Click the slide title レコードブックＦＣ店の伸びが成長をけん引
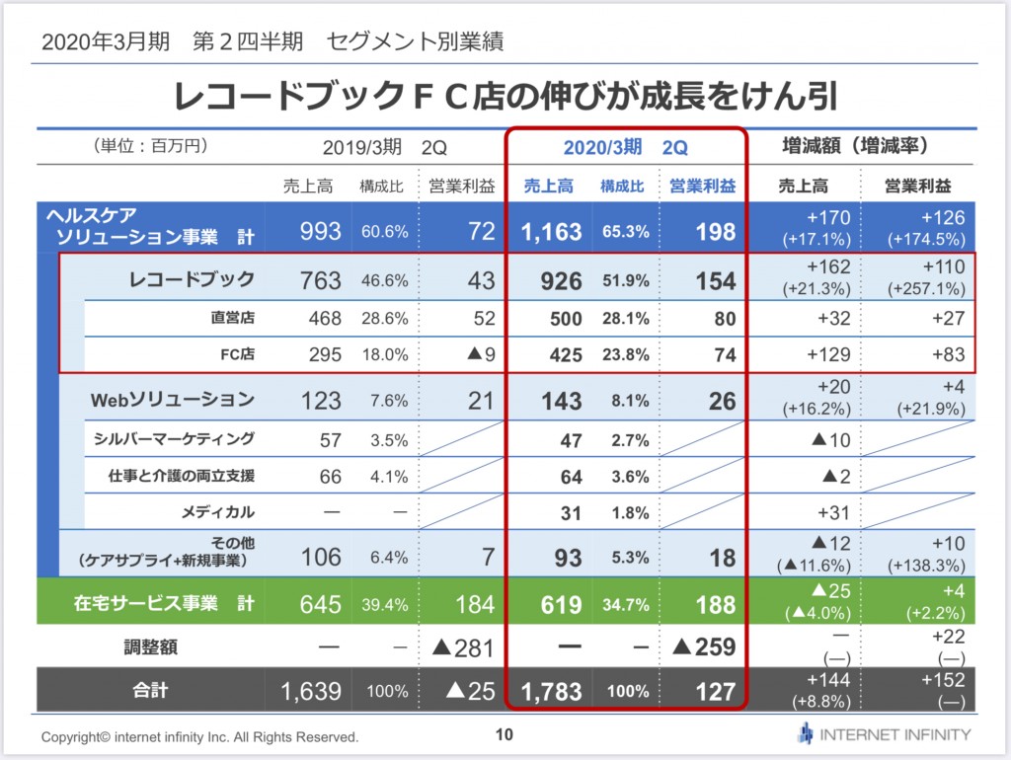tap(505, 96)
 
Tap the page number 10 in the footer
tap(505, 734)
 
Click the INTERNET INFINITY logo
tap(884, 734)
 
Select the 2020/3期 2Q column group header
tap(625, 148)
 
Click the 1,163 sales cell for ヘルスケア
tap(551, 231)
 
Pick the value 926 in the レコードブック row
tap(561, 281)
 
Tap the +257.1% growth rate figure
tap(926, 289)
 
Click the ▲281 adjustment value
tap(463, 647)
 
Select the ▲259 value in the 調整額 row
tap(703, 646)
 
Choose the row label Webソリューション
tap(173, 400)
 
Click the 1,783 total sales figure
tap(551, 692)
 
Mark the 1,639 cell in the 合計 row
tap(311, 692)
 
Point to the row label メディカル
tap(218, 512)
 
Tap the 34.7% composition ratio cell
tap(625, 605)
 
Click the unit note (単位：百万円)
tap(150, 146)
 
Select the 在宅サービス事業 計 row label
tap(164, 603)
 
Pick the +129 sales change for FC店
tap(828, 354)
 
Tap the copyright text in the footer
tap(199, 736)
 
